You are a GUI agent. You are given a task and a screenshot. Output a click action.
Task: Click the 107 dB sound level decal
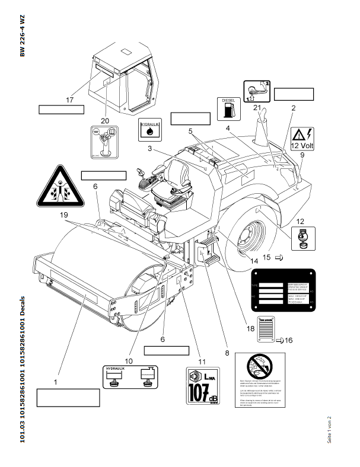(x=202, y=386)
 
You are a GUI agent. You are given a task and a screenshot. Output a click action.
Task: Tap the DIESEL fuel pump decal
(x=229, y=108)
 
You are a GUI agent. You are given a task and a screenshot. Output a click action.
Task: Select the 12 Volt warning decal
(x=303, y=138)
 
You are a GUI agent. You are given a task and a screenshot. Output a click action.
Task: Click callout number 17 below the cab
(x=69, y=100)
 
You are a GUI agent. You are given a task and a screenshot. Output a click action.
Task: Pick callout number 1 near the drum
(x=55, y=383)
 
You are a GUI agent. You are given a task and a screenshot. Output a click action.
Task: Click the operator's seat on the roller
(x=171, y=181)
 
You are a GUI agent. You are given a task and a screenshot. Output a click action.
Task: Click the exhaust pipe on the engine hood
(x=262, y=126)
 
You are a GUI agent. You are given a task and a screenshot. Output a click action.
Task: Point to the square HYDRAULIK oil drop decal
(x=148, y=129)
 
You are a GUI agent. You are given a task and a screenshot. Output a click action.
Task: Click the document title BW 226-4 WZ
(x=22, y=35)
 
